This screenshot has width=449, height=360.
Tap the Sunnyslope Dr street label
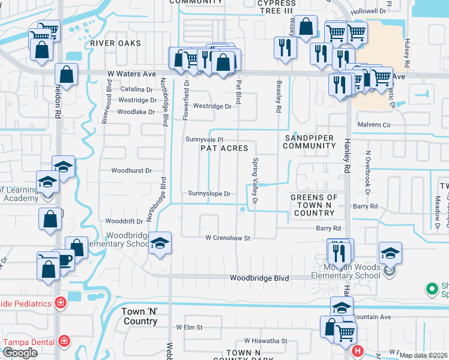pos(209,194)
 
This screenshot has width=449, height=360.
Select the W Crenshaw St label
pos(227,238)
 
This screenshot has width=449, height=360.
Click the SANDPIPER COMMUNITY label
pos(309,142)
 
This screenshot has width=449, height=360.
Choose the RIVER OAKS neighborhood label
pos(116,43)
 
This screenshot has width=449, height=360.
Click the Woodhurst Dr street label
pos(131,170)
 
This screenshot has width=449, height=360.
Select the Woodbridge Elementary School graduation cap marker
pos(160,243)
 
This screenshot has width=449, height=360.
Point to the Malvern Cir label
pos(373,125)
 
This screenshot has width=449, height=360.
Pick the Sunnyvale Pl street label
pos(204,139)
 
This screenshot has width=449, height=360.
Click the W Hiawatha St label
pos(265,341)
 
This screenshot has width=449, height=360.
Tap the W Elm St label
pos(190,328)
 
